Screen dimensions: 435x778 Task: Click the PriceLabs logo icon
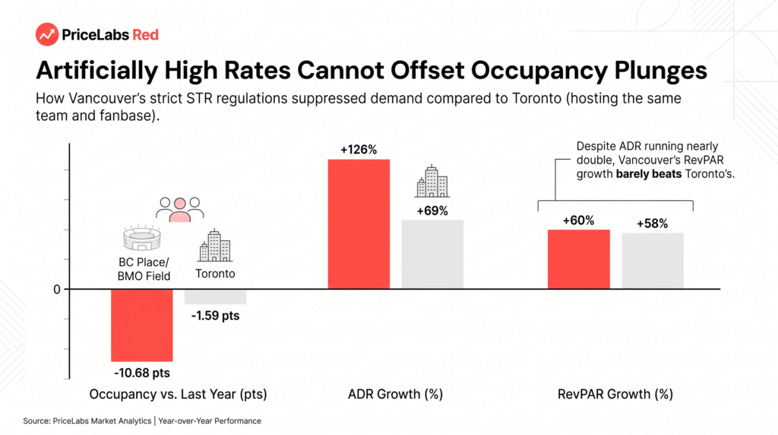pos(47,34)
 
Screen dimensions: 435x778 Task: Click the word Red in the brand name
pos(145,34)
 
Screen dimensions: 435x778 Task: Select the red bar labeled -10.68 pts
pos(141,325)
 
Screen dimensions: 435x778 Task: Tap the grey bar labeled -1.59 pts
pos(215,297)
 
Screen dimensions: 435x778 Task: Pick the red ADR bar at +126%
pos(359,224)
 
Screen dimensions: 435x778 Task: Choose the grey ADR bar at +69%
pos(432,254)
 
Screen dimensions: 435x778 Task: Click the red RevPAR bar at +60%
pos(578,259)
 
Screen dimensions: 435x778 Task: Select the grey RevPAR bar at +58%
pos(653,261)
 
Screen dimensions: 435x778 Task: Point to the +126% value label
pos(359,150)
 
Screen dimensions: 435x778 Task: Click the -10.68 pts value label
pos(141,373)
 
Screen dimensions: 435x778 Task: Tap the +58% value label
pos(653,224)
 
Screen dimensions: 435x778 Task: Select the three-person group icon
pos(179,210)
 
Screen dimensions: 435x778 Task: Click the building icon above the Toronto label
pos(214,246)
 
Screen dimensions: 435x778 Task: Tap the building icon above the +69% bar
pos(432,181)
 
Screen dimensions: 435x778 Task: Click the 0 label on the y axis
pos(55,289)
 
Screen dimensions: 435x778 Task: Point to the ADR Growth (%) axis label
pos(395,394)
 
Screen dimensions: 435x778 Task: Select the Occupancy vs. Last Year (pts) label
pos(178,394)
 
